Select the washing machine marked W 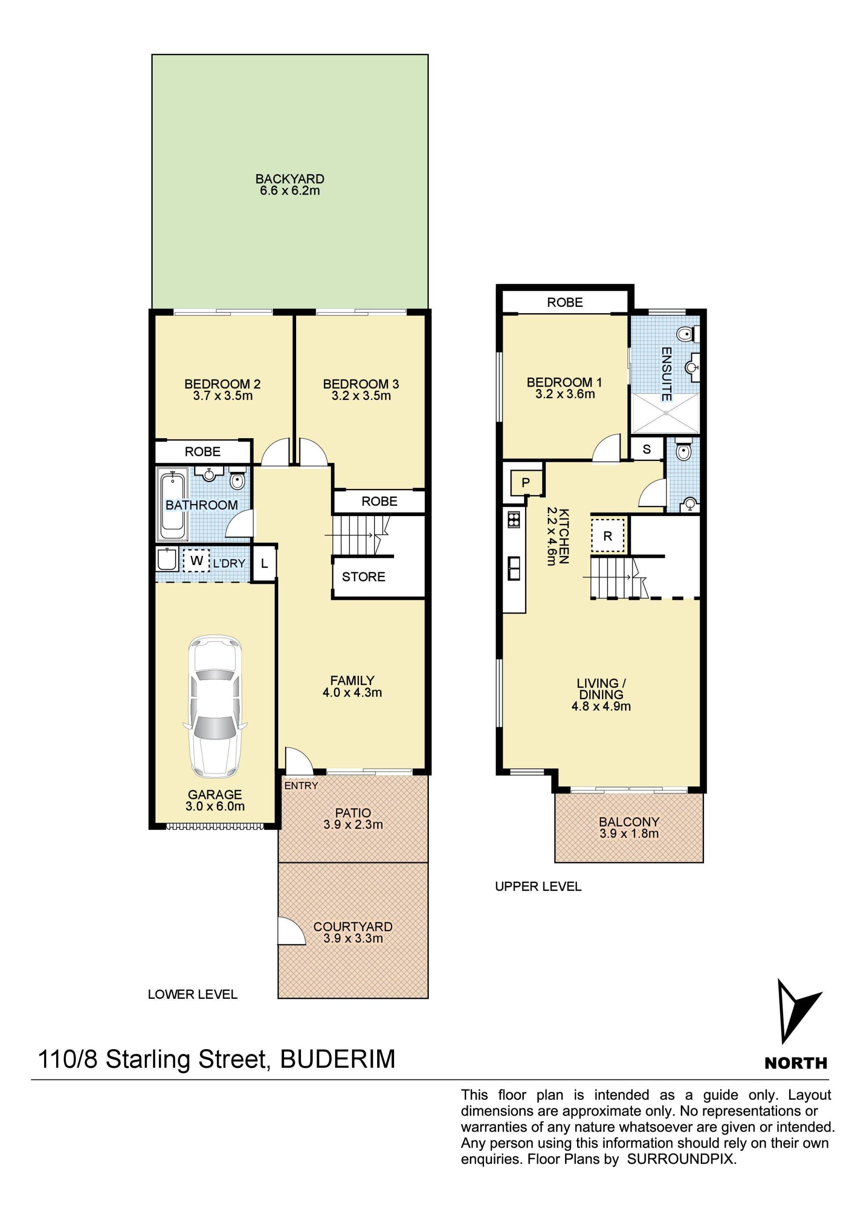coord(196,560)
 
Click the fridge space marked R coord(607,536)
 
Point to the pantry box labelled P coord(525,482)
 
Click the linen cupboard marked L coord(264,563)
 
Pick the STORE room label coord(363,577)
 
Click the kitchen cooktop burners coord(513,520)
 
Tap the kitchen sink coord(514,568)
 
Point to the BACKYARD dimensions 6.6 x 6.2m coord(289,191)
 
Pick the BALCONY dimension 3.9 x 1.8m coord(629,834)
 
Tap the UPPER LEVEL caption coord(538,887)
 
